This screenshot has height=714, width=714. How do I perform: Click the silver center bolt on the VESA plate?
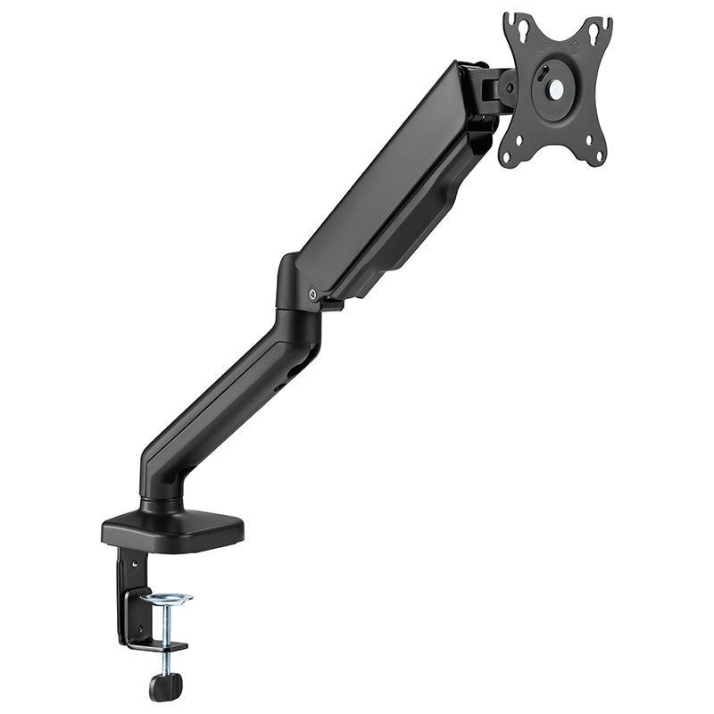[554, 90]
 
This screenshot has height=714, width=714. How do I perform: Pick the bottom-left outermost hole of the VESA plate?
[509, 158]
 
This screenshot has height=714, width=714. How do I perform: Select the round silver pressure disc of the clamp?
[166, 596]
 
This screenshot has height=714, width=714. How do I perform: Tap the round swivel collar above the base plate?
[161, 504]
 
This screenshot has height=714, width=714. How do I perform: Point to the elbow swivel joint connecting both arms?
[295, 295]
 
